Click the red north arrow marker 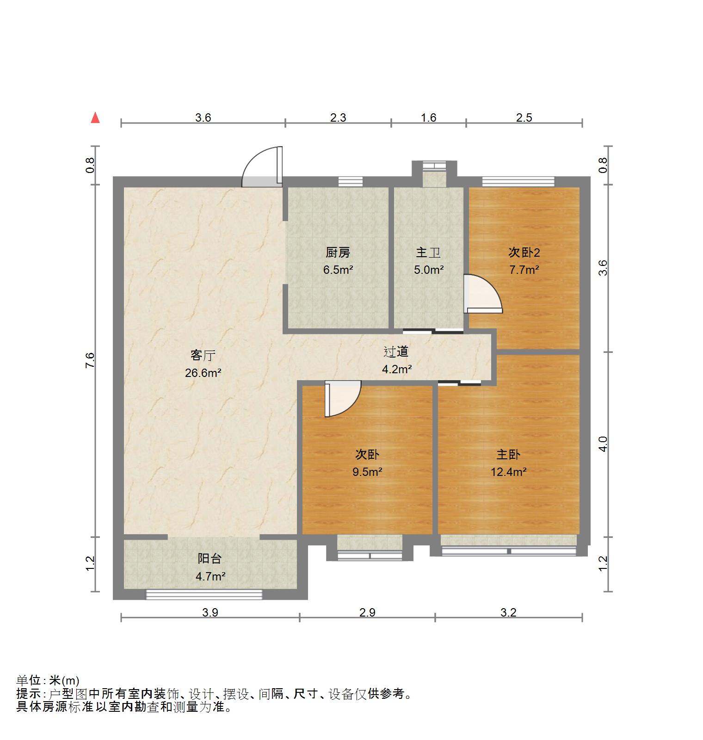point(95,118)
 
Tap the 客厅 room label point(203,355)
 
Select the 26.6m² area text point(203,373)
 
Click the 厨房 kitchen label point(338,253)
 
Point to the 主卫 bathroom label point(428,253)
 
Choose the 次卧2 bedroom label point(524,253)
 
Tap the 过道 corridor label point(396,352)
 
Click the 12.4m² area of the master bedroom point(509,472)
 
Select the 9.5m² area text point(367,472)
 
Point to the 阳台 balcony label point(210,559)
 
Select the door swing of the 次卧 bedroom point(342,398)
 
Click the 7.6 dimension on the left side point(90,360)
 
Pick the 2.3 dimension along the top point(338,117)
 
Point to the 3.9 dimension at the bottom point(210,613)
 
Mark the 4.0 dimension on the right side point(603,444)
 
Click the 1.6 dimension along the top point(429,117)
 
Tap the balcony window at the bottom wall point(204,595)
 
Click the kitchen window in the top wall point(350,181)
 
